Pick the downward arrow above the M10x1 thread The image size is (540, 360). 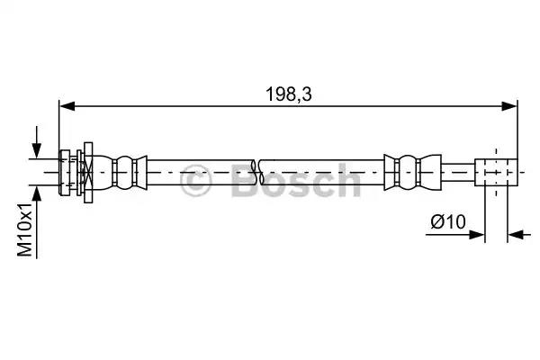click(36, 149)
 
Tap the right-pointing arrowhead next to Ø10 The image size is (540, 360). click(477, 236)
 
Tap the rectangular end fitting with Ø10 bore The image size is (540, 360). click(498, 170)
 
